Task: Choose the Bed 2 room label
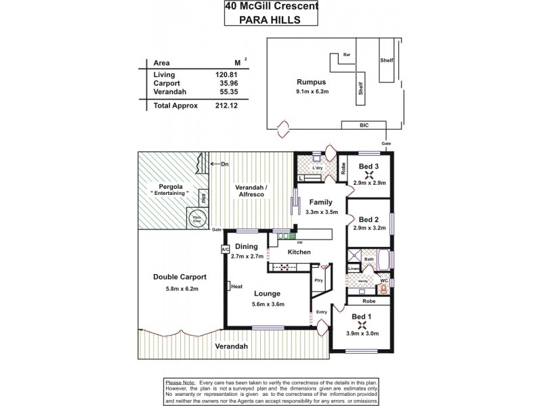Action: (x=369, y=219)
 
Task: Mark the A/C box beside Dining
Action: (x=224, y=250)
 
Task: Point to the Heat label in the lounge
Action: (x=236, y=286)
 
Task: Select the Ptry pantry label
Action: (x=318, y=279)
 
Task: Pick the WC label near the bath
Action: (x=383, y=279)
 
